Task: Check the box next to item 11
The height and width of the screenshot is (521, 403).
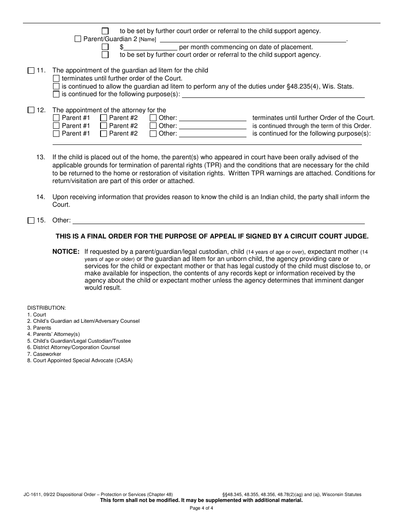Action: pos(31,71)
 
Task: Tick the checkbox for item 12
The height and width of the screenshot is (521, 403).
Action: pos(31,110)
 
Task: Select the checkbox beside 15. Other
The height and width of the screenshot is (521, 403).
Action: pos(31,221)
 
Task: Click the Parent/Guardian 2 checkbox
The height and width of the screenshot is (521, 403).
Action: pos(78,39)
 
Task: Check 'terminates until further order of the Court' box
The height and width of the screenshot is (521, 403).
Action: pos(56,79)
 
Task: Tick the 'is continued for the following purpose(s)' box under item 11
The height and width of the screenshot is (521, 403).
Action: pos(56,94)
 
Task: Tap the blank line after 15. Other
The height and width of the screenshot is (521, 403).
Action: pos(218,221)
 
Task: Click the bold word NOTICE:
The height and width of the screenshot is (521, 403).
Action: pos(66,252)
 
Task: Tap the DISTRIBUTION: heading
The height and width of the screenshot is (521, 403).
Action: pos(47,308)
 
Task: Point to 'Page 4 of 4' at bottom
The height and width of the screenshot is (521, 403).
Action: pos(201,508)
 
